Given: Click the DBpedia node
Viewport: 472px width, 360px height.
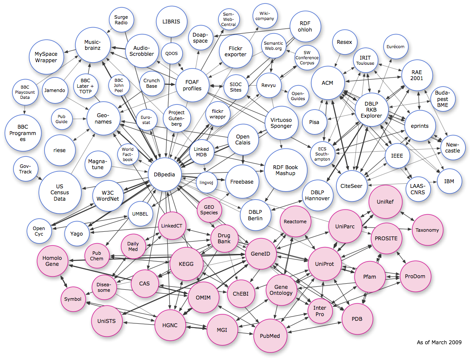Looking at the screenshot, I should [x=165, y=174].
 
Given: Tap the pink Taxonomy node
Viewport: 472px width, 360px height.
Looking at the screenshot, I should [x=427, y=230].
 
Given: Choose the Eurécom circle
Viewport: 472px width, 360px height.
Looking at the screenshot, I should [x=395, y=47].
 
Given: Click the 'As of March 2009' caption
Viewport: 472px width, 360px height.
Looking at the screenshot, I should [x=439, y=342].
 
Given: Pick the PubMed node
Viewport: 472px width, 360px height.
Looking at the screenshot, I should [x=270, y=336].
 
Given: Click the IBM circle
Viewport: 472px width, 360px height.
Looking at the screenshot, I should [x=449, y=181].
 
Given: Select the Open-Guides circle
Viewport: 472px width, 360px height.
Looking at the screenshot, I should [x=298, y=96].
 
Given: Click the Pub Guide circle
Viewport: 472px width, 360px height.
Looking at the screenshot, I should [x=62, y=118].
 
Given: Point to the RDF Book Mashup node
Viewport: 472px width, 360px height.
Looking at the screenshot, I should [x=286, y=170].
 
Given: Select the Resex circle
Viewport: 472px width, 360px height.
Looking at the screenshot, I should [x=344, y=42].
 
